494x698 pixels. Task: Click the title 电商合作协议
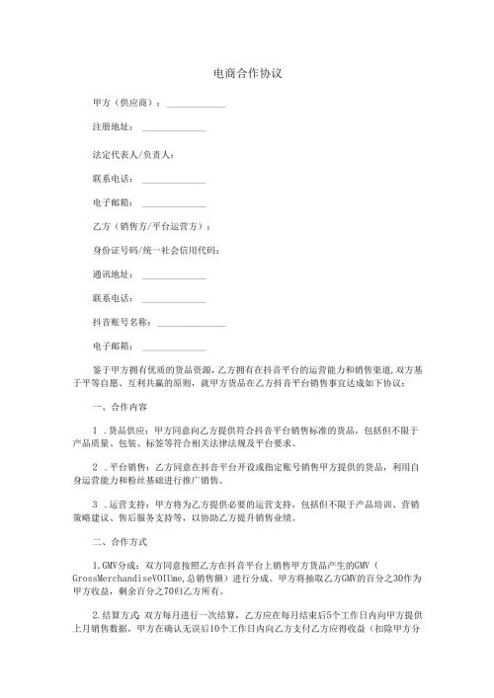[248, 74]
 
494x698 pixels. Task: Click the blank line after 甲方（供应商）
[197, 104]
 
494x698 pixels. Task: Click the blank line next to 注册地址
[174, 129]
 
